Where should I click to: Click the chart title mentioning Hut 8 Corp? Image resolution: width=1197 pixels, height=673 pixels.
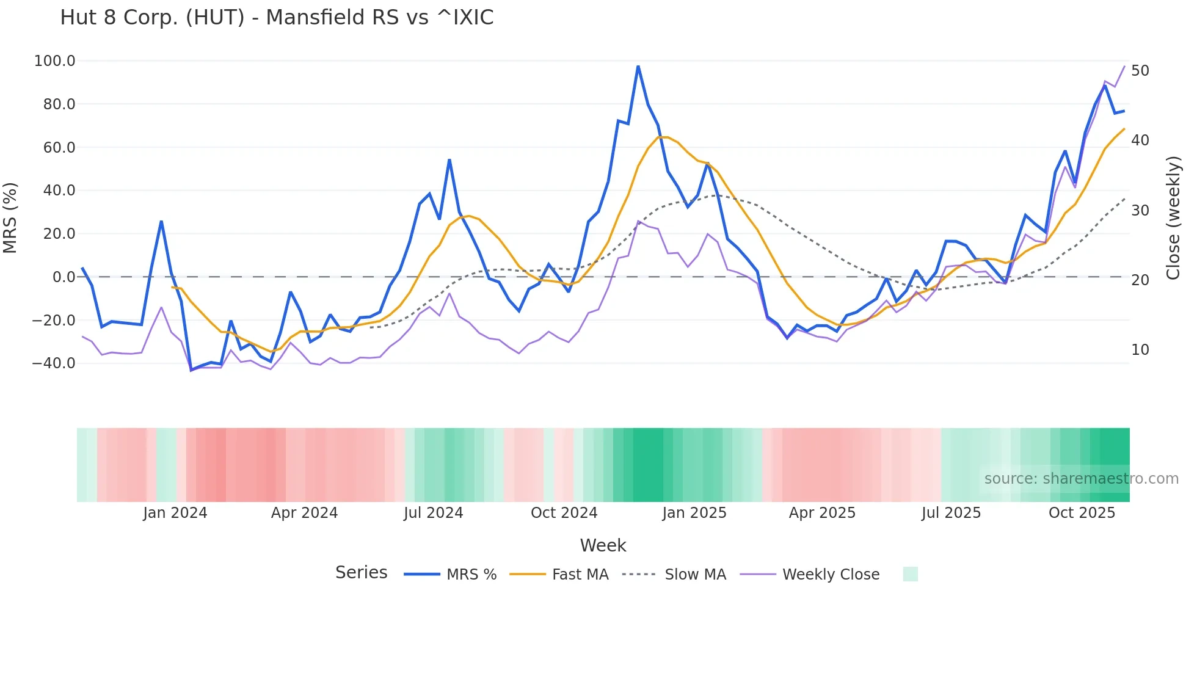[x=277, y=18]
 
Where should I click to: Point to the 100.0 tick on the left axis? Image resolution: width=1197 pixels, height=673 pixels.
[x=54, y=61]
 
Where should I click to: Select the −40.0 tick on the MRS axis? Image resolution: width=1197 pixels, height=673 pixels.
[x=53, y=363]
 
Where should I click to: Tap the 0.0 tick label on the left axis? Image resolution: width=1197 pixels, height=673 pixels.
[x=64, y=277]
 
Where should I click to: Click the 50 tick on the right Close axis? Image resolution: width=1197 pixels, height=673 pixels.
[x=1140, y=71]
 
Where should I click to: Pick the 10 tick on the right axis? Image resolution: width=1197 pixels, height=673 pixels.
[x=1140, y=350]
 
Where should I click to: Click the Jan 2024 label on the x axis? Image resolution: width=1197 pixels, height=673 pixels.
[x=175, y=513]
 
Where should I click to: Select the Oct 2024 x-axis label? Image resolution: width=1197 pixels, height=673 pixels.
[x=564, y=513]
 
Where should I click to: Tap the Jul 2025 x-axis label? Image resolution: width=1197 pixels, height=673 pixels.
[x=951, y=513]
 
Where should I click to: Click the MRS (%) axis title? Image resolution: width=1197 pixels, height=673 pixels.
[x=10, y=218]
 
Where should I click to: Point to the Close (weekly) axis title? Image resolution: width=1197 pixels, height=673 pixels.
[x=1173, y=218]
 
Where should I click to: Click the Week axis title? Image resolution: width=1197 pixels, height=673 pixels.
[x=603, y=545]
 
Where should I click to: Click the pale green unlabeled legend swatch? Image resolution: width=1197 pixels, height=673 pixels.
[x=910, y=575]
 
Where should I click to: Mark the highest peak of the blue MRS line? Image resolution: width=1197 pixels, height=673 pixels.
[x=638, y=66]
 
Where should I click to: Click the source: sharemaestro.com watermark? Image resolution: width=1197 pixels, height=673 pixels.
[x=1081, y=479]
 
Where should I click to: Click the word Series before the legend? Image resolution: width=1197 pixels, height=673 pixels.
[x=361, y=573]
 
